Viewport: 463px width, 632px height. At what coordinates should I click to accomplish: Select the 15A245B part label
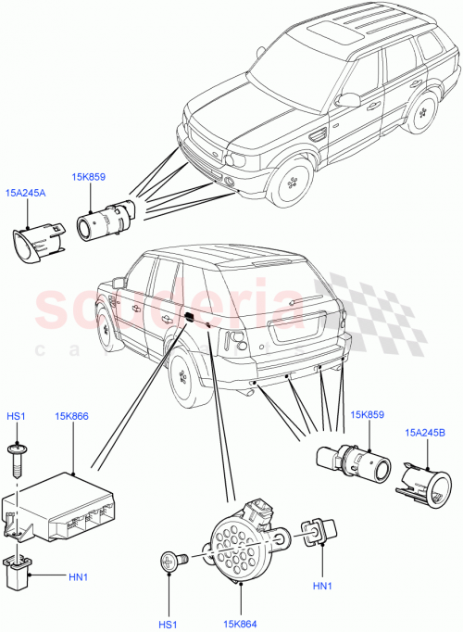tap(424, 432)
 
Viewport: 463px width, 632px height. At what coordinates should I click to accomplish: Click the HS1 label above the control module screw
tap(16, 416)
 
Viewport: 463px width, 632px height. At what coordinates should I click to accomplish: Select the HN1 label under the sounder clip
tap(321, 586)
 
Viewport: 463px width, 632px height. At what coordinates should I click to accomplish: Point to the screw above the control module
tap(18, 453)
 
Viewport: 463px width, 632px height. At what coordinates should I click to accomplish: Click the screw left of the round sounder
tap(172, 559)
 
